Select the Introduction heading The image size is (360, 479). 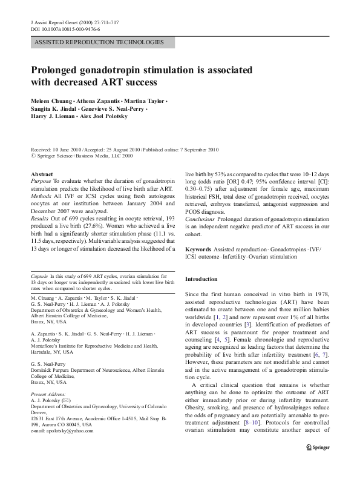(x=201, y=279)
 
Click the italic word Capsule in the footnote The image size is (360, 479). (x=39, y=276)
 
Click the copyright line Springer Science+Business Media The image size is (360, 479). (x=85, y=155)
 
